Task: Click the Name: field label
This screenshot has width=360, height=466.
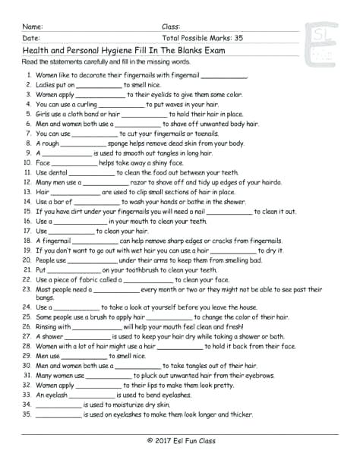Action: (x=33, y=26)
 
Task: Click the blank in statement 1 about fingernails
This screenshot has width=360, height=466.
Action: (x=225, y=76)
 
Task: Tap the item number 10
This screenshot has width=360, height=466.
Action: (x=27, y=162)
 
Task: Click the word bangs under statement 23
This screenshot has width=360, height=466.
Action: (x=45, y=298)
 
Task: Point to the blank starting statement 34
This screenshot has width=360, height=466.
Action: (x=58, y=405)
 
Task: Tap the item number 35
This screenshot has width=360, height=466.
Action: (x=27, y=414)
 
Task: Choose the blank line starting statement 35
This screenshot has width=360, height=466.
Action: (x=58, y=414)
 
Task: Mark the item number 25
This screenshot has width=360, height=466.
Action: (x=27, y=317)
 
